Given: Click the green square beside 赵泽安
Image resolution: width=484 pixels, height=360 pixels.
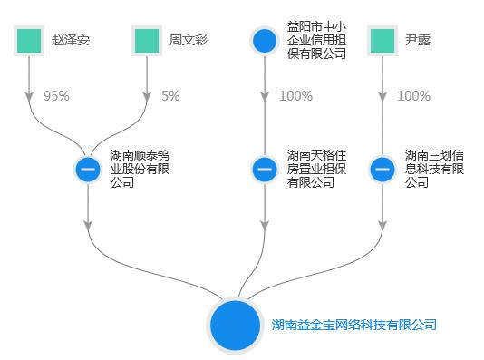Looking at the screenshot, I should point(30,41).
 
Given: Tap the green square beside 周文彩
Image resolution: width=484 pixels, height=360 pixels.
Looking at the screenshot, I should point(147,41).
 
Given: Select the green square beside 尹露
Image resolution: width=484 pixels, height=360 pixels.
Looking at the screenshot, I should point(382,41).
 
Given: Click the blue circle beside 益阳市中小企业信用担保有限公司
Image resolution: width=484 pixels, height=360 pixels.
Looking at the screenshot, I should point(264,41).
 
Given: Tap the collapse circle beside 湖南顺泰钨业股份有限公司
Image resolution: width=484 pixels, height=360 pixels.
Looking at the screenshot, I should point(88,169).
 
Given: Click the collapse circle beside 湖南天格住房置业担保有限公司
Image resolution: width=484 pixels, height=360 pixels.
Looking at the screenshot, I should point(264,169).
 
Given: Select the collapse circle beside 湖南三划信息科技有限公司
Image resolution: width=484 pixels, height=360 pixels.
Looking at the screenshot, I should point(382,169).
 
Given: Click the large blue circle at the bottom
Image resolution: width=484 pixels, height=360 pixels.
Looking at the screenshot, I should point(237,325).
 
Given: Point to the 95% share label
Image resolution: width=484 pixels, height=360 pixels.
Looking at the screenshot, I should point(56,96).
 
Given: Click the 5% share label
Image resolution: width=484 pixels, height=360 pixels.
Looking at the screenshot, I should point(170,96).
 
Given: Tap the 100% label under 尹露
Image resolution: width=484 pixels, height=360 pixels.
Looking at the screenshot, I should point(413,96).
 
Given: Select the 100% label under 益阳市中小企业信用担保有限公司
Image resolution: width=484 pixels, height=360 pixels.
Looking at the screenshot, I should point(295,96).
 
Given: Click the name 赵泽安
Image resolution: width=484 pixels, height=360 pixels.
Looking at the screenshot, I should point(71,41).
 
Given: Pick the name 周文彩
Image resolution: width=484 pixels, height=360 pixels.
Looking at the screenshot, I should point(188,41).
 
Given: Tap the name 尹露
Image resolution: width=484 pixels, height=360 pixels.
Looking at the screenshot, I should point(417,41).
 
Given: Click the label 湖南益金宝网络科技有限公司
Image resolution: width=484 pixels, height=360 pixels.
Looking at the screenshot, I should point(354,325).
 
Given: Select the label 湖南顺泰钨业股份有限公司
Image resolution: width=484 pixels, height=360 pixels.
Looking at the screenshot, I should point(138,169).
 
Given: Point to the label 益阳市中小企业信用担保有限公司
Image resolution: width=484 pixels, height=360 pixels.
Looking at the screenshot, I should point(315,41).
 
